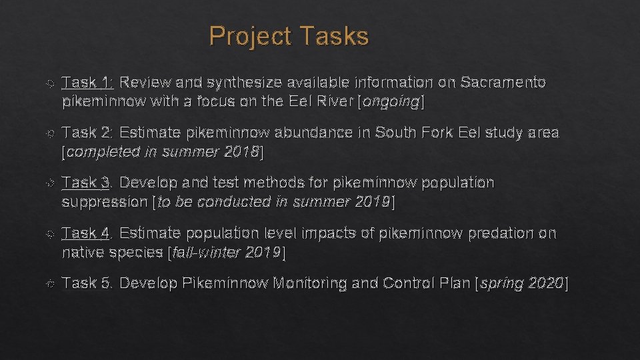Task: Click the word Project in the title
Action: [250, 37]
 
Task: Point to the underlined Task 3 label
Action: [87, 183]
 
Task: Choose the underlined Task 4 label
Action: [87, 233]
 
